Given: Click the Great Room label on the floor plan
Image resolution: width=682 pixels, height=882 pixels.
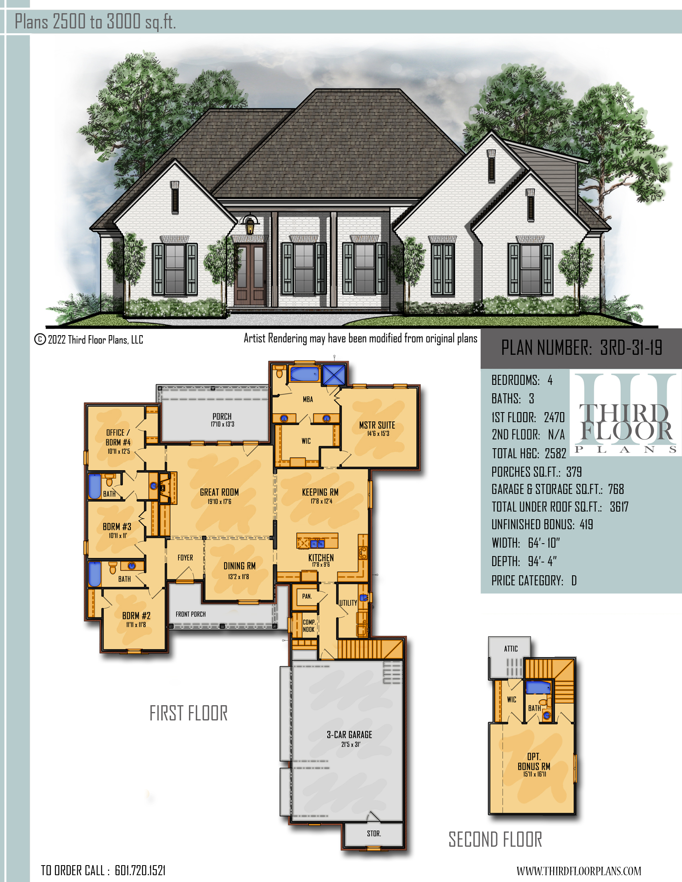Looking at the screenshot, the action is (x=219, y=492).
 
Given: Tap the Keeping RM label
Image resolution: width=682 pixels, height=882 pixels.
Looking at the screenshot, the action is (x=321, y=492).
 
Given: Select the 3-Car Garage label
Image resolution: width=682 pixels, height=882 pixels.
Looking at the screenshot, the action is (x=349, y=734).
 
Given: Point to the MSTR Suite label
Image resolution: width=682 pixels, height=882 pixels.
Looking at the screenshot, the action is (x=377, y=425).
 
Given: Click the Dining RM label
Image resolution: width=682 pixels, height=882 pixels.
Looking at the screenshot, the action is (x=240, y=566).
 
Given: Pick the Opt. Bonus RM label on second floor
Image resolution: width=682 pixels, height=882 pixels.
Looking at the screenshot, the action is (x=534, y=761).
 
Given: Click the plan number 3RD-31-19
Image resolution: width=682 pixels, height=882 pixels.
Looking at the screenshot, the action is (x=631, y=347).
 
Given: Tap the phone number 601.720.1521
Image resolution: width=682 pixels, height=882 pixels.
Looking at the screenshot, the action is (x=140, y=870).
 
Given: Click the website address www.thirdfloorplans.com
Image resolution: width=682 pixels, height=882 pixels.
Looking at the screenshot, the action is (x=578, y=871).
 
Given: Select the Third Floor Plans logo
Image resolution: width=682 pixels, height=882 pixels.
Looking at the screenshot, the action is (x=625, y=414).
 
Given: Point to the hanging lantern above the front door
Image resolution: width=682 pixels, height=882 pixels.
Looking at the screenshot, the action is (x=250, y=225).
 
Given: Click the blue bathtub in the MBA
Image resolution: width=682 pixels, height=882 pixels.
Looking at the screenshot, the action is (x=304, y=374).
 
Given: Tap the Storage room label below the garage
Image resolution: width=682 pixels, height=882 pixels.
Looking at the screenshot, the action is (x=374, y=833).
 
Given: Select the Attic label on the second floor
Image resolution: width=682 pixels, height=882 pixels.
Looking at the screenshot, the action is (x=511, y=649).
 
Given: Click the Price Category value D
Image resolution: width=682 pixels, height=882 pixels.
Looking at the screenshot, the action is (x=574, y=581).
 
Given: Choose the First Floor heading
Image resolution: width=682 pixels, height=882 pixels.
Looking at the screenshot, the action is (x=189, y=713).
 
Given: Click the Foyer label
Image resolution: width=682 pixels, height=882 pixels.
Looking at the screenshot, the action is (x=185, y=558).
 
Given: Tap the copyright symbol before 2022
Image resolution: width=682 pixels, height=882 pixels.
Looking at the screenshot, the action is (x=40, y=339).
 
